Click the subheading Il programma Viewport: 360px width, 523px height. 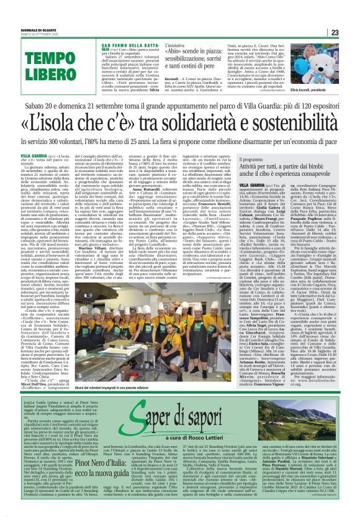(x=233, y=159)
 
